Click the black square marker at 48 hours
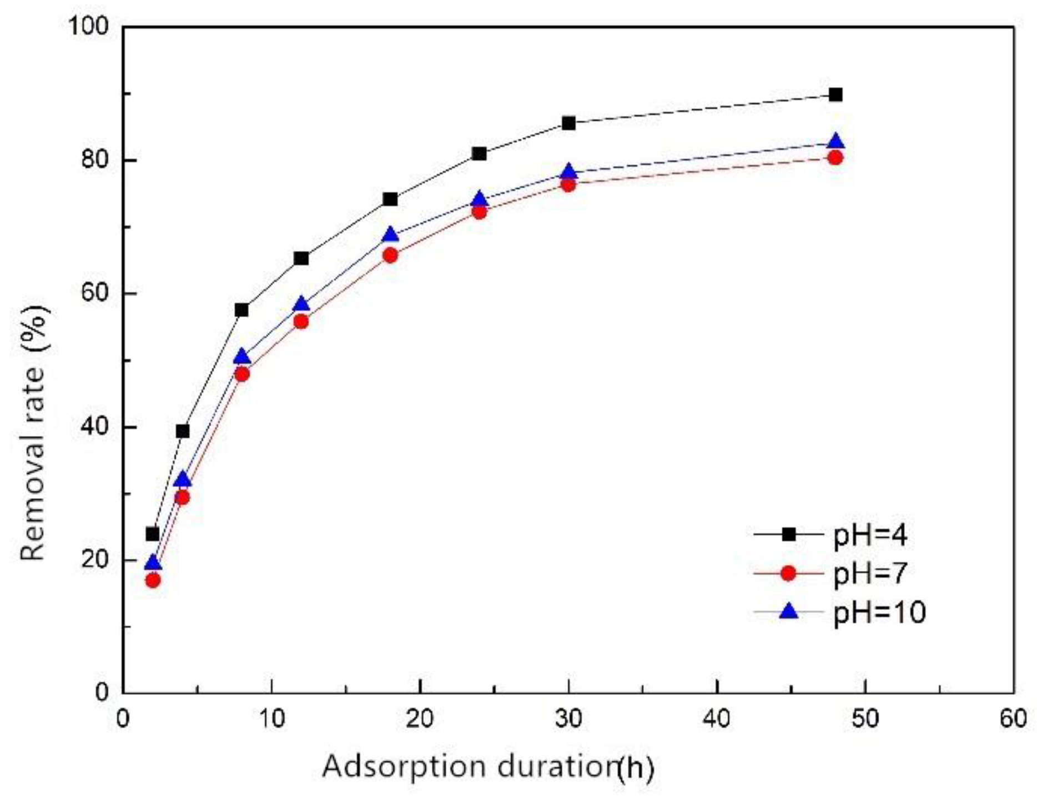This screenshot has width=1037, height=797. (x=835, y=95)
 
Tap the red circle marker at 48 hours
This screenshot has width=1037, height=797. (x=835, y=158)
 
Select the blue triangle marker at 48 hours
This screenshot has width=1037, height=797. (x=835, y=142)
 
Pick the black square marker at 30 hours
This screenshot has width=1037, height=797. (x=568, y=123)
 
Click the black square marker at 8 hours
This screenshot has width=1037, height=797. (x=241, y=310)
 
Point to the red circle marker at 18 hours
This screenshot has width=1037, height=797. (x=390, y=255)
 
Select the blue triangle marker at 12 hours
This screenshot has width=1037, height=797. (x=301, y=304)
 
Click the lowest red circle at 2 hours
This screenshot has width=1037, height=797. (x=153, y=580)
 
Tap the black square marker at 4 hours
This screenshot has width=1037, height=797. (x=183, y=431)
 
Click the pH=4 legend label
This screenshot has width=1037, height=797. (x=870, y=536)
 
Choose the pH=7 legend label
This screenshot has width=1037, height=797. (x=870, y=573)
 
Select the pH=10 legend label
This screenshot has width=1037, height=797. (x=880, y=612)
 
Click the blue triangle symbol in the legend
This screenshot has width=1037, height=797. (x=789, y=611)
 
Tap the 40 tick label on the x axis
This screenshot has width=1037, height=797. (x=717, y=719)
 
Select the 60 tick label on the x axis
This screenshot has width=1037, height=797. (x=1013, y=719)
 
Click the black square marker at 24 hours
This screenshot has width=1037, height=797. (x=479, y=153)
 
